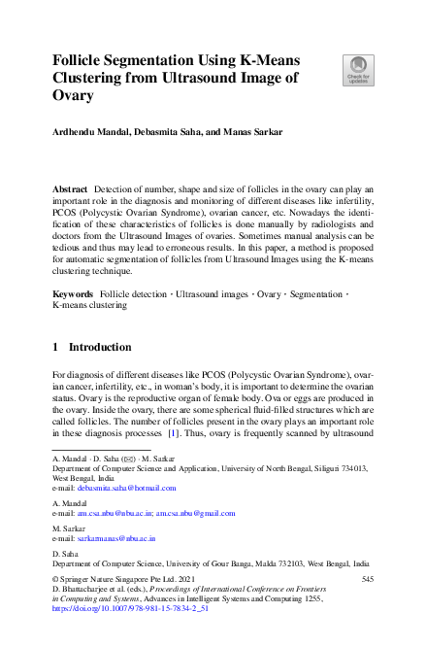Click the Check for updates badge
tap(357, 69)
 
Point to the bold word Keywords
tap(72, 292)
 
